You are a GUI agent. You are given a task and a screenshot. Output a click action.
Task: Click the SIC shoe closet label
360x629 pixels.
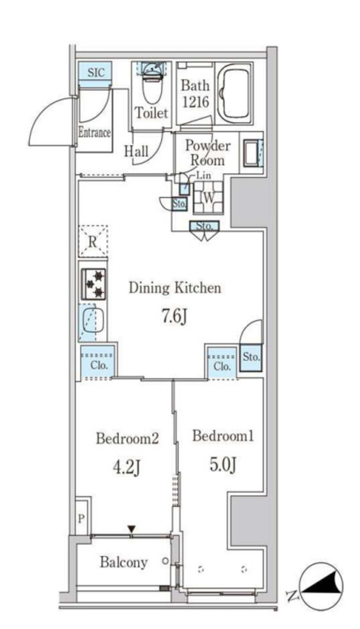(x=95, y=72)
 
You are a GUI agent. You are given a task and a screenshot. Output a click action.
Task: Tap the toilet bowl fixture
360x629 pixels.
(x=152, y=85)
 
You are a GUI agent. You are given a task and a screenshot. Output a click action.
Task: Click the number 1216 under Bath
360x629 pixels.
(x=195, y=102)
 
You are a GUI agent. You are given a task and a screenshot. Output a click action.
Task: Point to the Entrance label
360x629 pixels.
(x=95, y=132)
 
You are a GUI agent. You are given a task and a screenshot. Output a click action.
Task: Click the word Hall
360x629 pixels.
(x=136, y=152)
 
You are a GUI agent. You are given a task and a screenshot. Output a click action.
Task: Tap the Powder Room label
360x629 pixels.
(x=208, y=153)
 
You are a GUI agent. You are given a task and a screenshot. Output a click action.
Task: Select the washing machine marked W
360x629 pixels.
(x=208, y=197)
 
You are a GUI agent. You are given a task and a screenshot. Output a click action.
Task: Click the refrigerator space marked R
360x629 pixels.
(x=93, y=241)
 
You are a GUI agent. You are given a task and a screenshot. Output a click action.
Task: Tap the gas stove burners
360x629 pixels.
(x=93, y=284)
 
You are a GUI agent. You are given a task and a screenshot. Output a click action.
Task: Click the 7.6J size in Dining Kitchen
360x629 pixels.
(x=174, y=318)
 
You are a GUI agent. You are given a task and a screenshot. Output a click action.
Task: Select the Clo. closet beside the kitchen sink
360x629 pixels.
(x=98, y=362)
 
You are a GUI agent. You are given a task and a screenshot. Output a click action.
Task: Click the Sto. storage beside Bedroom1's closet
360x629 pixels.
(x=251, y=356)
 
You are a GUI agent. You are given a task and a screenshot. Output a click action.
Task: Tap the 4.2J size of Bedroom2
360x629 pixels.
(x=127, y=467)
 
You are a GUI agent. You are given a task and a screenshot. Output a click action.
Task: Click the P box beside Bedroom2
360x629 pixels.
(x=81, y=518)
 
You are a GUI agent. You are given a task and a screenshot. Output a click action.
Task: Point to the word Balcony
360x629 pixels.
(x=123, y=562)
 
